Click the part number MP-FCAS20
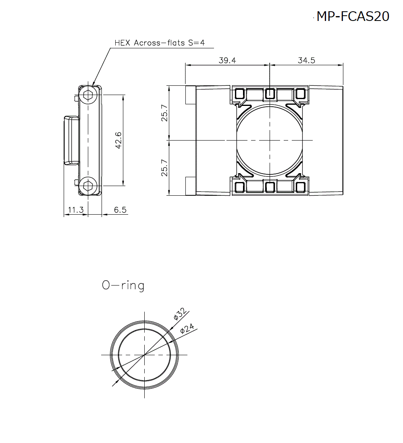pos(353,17)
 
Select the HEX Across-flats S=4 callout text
pos(160,43)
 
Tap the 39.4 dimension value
pos(227,60)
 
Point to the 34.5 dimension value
pos(306,60)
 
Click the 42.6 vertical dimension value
pos(118,140)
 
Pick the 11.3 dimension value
pos(75,210)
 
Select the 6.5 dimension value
pos(120,210)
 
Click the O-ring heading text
pos(123,286)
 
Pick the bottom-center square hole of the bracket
pos(269,186)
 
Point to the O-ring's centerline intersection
pos(144,355)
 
